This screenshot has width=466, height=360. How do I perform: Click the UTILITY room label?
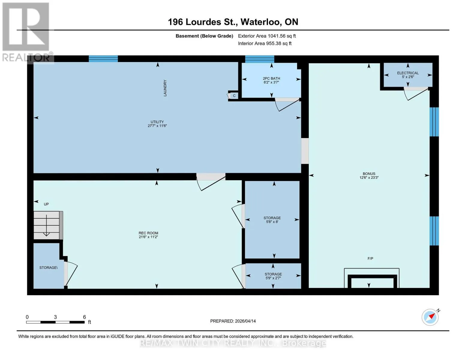tap(157, 122)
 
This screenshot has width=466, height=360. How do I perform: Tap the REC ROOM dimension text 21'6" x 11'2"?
tap(148, 237)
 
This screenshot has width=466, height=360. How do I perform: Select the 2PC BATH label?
tap(271, 79)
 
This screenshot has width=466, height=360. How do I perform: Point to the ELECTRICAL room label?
tap(408, 73)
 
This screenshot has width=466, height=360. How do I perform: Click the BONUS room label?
tap(369, 174)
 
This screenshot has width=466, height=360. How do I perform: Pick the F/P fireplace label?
tap(370, 259)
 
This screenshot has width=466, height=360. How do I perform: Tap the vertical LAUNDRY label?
tap(165, 88)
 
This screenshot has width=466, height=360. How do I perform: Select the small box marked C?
tap(234, 96)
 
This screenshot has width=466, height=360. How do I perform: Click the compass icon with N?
tap(430, 317)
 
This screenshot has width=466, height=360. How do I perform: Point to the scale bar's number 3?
tap(55, 317)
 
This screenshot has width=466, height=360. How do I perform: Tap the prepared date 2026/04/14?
tap(245, 321)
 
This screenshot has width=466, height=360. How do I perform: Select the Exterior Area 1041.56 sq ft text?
tap(267, 36)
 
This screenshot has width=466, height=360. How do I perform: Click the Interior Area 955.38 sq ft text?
tap(265, 43)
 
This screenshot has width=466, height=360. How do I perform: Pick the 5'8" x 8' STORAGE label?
tap(272, 220)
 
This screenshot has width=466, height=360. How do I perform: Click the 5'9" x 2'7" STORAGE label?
tap(273, 276)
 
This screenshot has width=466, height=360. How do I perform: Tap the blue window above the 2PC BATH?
tap(260, 59)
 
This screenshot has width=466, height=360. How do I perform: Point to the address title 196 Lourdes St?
tap(203, 22)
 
